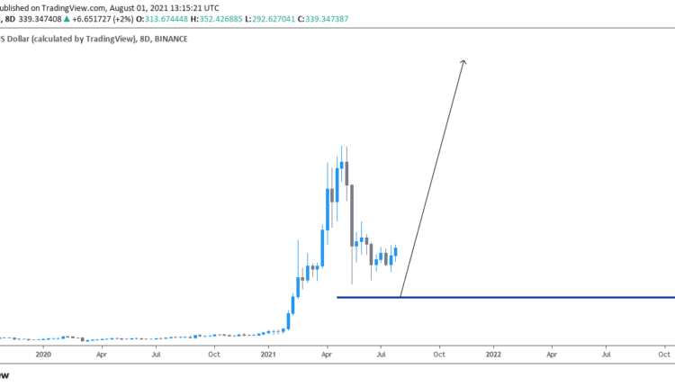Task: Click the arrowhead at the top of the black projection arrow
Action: point(463,62)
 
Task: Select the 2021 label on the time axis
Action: point(268,355)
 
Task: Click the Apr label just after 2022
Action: point(551,355)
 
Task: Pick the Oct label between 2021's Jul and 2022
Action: point(438,355)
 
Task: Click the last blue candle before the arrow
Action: point(394,255)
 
